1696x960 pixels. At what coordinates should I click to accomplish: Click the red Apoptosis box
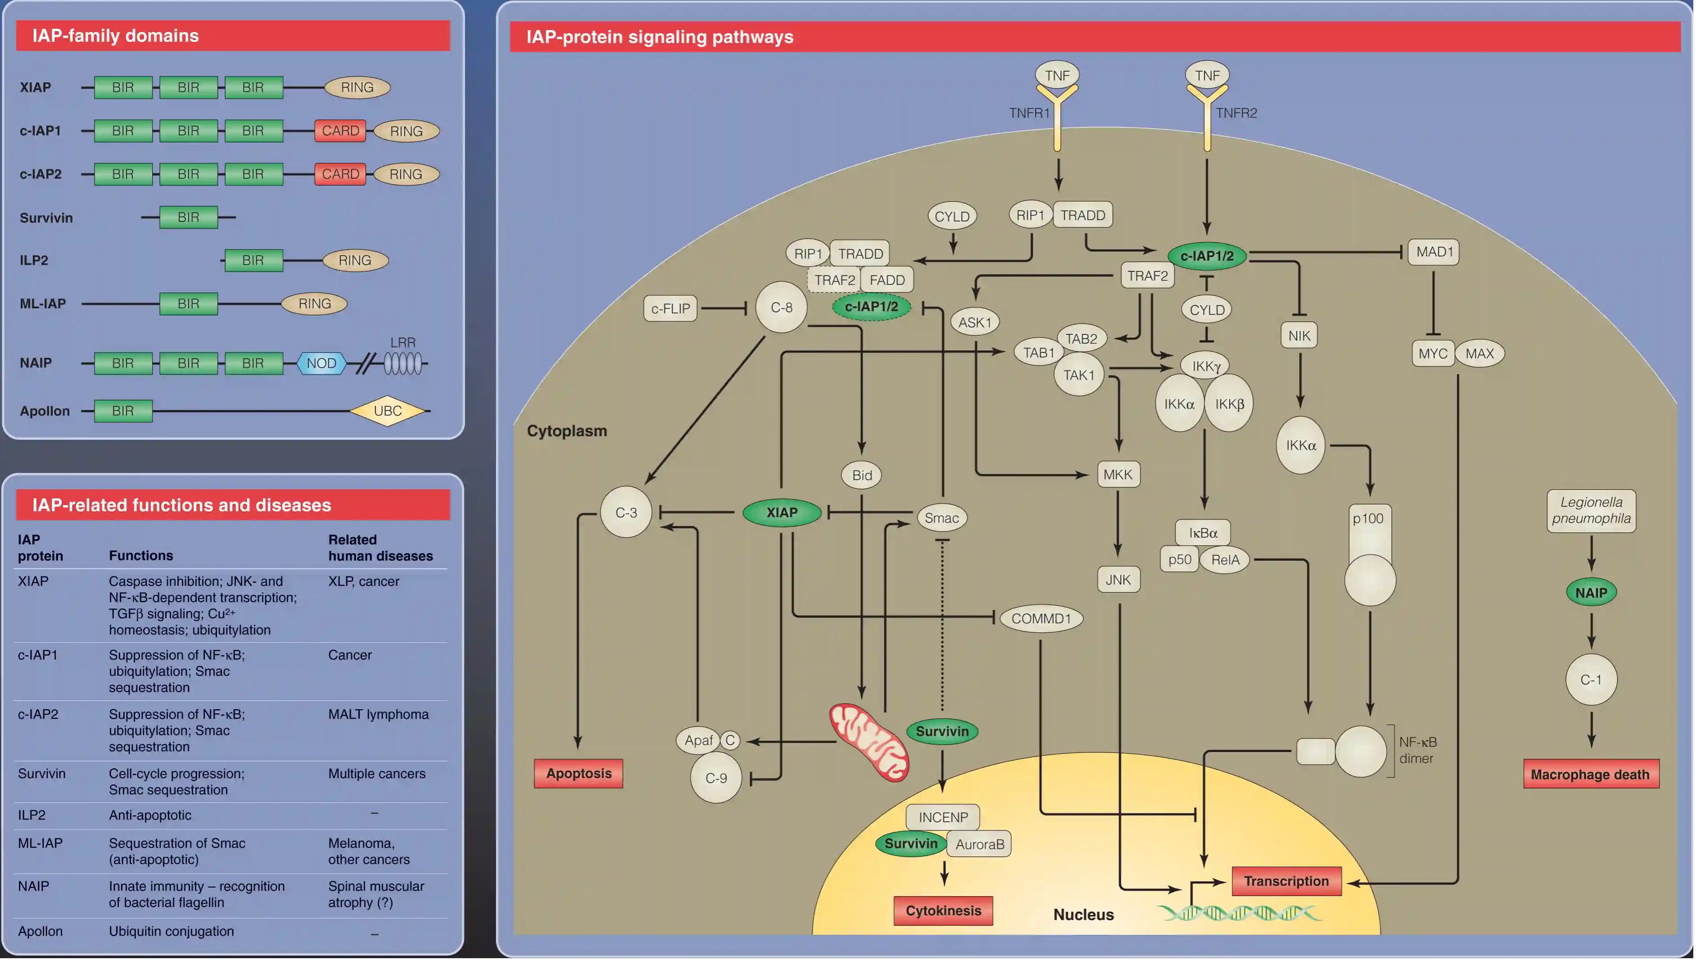[x=578, y=773]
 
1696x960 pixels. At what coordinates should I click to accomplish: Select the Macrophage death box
[x=1591, y=774]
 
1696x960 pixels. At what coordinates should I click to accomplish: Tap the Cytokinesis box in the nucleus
[x=943, y=910]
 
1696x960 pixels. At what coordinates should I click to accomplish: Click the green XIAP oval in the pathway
[x=782, y=512]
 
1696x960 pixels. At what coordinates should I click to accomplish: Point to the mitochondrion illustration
[x=869, y=742]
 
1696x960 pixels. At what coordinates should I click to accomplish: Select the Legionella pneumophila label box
[x=1591, y=510]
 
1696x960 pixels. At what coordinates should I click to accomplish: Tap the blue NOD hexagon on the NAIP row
[x=321, y=363]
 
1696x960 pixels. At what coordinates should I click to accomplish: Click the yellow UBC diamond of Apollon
[x=388, y=411]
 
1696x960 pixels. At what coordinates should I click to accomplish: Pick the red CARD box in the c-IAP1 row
[x=340, y=131]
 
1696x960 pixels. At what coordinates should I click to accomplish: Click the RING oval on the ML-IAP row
[x=315, y=303]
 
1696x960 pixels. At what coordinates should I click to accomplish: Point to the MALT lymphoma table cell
[x=378, y=714]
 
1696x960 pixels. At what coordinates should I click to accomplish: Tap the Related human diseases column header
[x=380, y=547]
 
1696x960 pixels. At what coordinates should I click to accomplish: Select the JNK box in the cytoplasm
[x=1118, y=580]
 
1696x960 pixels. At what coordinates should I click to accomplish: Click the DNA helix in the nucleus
[x=1239, y=913]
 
